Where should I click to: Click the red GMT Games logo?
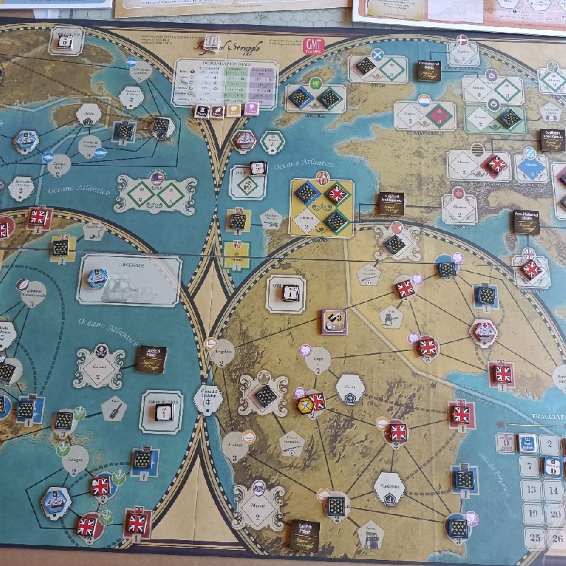(313, 46)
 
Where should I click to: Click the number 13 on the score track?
(531, 490)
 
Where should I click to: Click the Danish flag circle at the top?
(462, 40)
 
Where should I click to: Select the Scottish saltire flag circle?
(377, 55)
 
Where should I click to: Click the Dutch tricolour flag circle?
(424, 101)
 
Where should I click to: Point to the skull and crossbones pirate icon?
(101, 351)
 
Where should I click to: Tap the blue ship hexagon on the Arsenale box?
(97, 278)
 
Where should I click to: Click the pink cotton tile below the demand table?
(251, 108)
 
